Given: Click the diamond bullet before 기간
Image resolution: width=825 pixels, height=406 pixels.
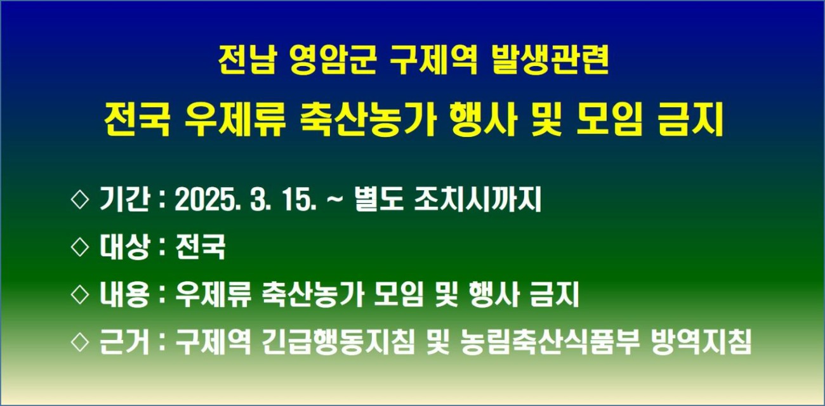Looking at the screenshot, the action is point(80,200).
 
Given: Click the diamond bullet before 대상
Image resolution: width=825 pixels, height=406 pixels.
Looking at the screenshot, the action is point(80,247).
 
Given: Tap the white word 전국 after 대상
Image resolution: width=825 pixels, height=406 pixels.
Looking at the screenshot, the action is point(200,247).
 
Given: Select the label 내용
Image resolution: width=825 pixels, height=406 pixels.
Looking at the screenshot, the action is point(124,294).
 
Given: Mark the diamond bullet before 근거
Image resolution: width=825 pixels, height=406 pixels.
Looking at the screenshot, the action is point(80,343).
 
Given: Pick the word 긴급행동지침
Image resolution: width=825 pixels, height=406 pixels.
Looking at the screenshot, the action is point(338,342).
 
